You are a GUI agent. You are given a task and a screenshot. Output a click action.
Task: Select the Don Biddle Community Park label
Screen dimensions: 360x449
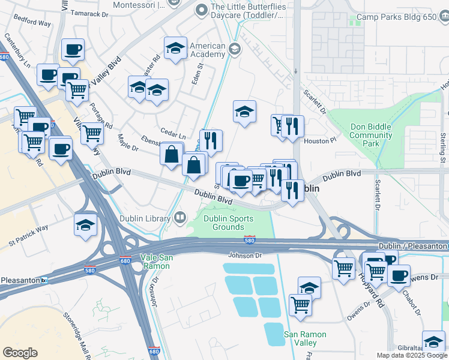pyautogui.click(x=370, y=135)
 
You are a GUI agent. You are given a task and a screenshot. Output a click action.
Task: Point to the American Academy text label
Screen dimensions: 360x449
pyautogui.click(x=207, y=50)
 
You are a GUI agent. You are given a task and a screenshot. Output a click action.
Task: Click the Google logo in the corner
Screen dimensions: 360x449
pyautogui.click(x=20, y=352)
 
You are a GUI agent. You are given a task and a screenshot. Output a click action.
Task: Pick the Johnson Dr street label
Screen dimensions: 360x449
pyautogui.click(x=245, y=255)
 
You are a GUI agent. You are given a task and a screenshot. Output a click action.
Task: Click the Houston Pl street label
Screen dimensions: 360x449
pyautogui.click(x=316, y=140)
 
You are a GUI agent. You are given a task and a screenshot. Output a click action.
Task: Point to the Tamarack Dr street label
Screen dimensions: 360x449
pyautogui.click(x=89, y=13)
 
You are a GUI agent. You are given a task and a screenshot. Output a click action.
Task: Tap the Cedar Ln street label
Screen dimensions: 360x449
pyautogui.click(x=172, y=131)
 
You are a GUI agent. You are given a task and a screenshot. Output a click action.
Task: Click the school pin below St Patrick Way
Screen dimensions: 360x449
pyautogui.click(x=86, y=225)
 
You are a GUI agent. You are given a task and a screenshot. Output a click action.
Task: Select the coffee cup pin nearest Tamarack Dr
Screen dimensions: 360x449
pyautogui.click(x=73, y=50)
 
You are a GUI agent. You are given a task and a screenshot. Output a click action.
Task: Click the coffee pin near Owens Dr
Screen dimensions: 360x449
pyautogui.click(x=399, y=275)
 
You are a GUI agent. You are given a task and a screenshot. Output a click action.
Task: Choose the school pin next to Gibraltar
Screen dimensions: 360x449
pyautogui.click(x=433, y=341)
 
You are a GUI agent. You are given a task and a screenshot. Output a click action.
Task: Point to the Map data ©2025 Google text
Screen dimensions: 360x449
pyautogui.click(x=412, y=355)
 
